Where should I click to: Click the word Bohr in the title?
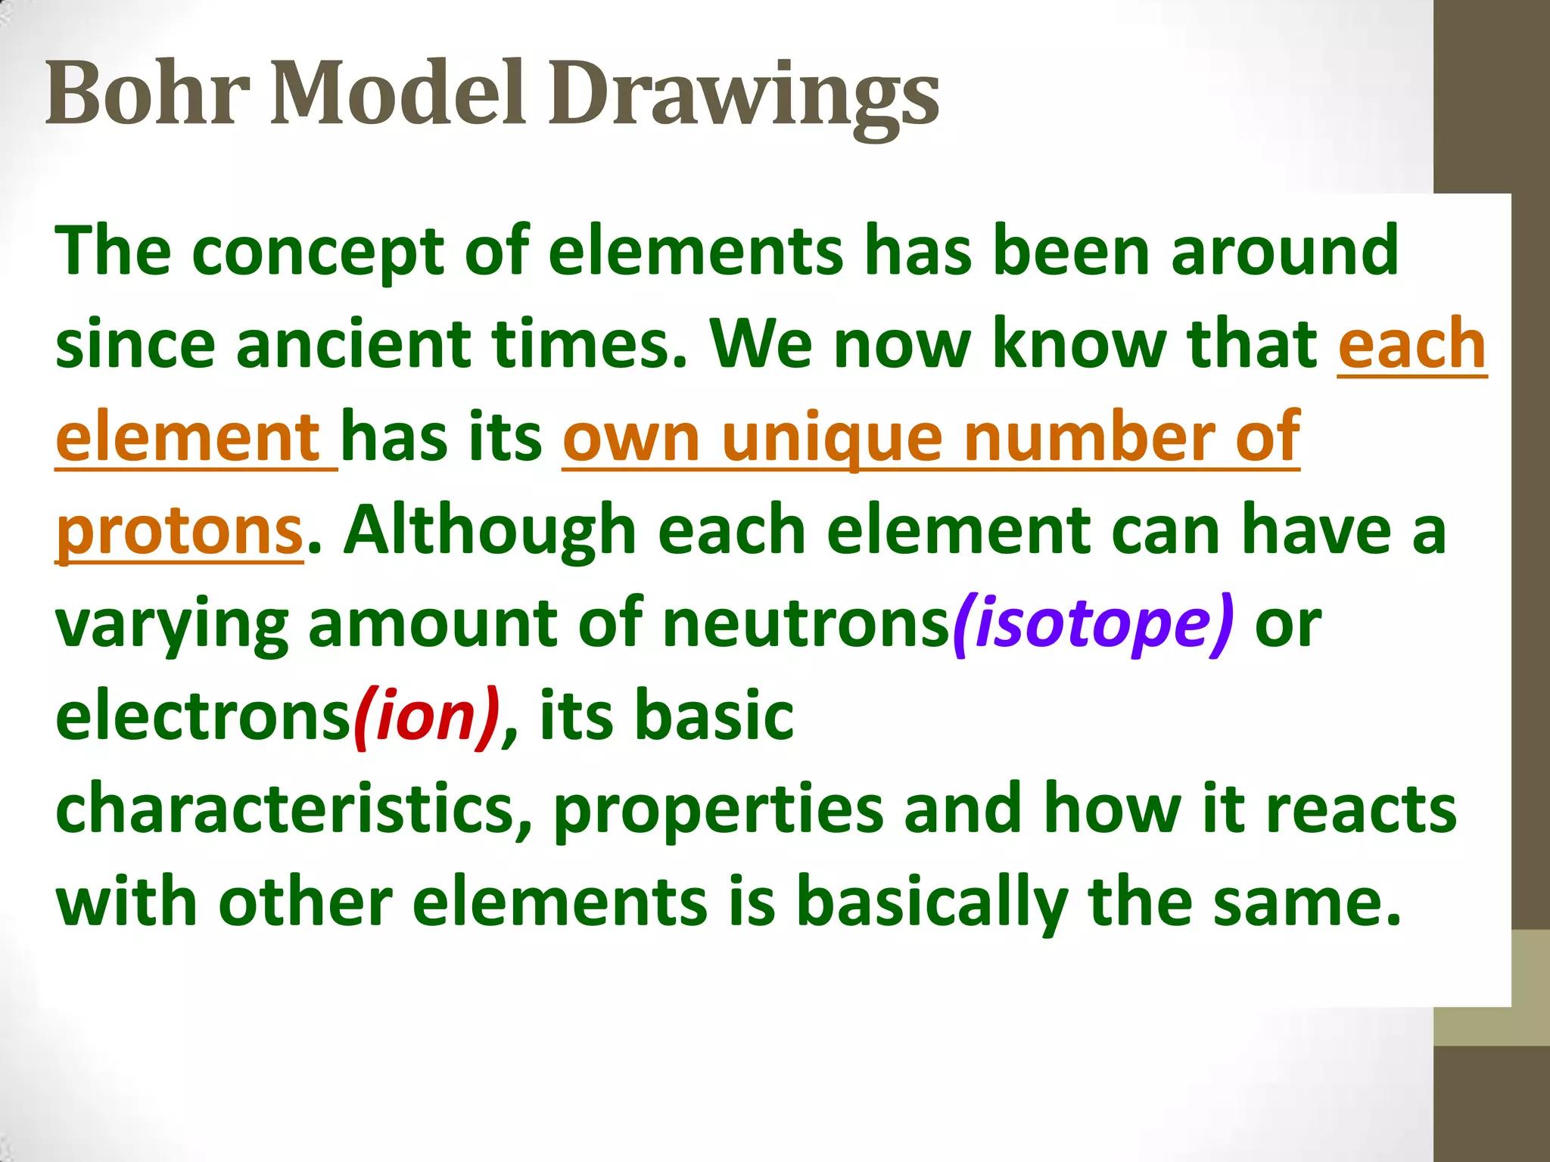[x=148, y=94]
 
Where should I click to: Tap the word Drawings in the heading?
[x=743, y=95]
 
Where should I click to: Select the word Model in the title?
[x=397, y=94]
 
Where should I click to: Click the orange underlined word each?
[x=1411, y=344]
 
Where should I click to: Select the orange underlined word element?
[x=189, y=437]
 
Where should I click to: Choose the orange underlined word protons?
[x=179, y=532]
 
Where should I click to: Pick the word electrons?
[x=203, y=716]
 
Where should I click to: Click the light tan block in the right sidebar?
[x=1491, y=987]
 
